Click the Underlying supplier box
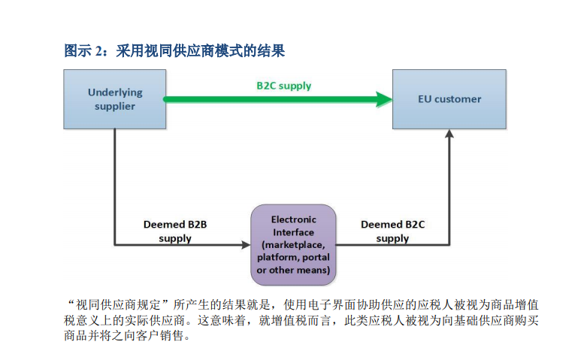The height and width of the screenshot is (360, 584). pyautogui.click(x=115, y=99)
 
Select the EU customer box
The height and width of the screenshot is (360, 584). pyautogui.click(x=449, y=99)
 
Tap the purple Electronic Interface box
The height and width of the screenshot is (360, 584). pyautogui.click(x=293, y=245)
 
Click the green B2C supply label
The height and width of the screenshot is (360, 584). pyautogui.click(x=284, y=86)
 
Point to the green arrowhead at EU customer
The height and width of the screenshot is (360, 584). pyautogui.click(x=384, y=99)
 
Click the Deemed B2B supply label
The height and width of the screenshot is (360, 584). pyautogui.click(x=175, y=231)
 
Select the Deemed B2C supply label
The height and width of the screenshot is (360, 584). pyautogui.click(x=392, y=231)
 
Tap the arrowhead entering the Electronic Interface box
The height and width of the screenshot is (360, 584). pyautogui.click(x=247, y=245)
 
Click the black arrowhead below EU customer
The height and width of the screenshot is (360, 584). pyautogui.click(x=449, y=134)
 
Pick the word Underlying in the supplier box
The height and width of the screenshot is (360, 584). pyautogui.click(x=115, y=92)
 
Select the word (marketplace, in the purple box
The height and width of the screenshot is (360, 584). pyautogui.click(x=293, y=245)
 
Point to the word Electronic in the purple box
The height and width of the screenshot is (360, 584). pyautogui.click(x=293, y=219)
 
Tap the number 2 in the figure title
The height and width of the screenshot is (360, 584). pyautogui.click(x=98, y=51)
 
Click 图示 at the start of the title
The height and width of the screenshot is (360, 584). pyautogui.click(x=78, y=51)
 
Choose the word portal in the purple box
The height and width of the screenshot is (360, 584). pyautogui.click(x=316, y=257)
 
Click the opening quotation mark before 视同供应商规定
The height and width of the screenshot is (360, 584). pyautogui.click(x=71, y=302)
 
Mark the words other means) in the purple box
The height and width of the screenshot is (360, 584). pyautogui.click(x=300, y=270)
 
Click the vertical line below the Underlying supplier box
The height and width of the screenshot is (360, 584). pyautogui.click(x=115, y=187)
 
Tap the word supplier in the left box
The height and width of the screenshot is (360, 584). pyautogui.click(x=115, y=107)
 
